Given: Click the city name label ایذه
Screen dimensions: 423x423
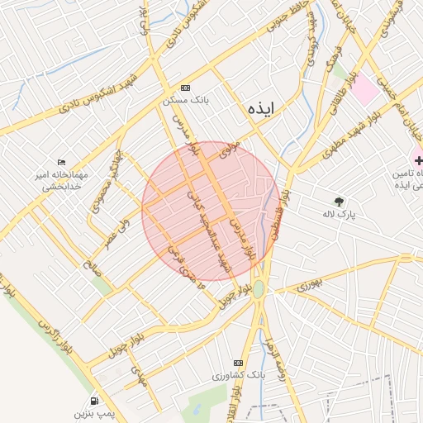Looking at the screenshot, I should click(264, 107).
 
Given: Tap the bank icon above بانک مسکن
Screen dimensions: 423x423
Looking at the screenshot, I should click(184, 87).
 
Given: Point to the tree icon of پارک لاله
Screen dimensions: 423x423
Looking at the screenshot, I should click(339, 201).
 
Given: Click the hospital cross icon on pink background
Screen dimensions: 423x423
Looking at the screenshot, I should click(419, 158).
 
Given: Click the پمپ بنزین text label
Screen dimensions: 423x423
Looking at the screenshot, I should click(92, 411).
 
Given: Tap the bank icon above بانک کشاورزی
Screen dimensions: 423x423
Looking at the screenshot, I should click(239, 363).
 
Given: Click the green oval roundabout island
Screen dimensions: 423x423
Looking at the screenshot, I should click(259, 289).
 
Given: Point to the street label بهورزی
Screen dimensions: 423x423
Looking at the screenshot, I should click(307, 284).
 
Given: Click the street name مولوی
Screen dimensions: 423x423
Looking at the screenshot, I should click(229, 150).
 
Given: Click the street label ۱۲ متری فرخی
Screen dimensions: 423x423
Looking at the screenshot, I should click(181, 259).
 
